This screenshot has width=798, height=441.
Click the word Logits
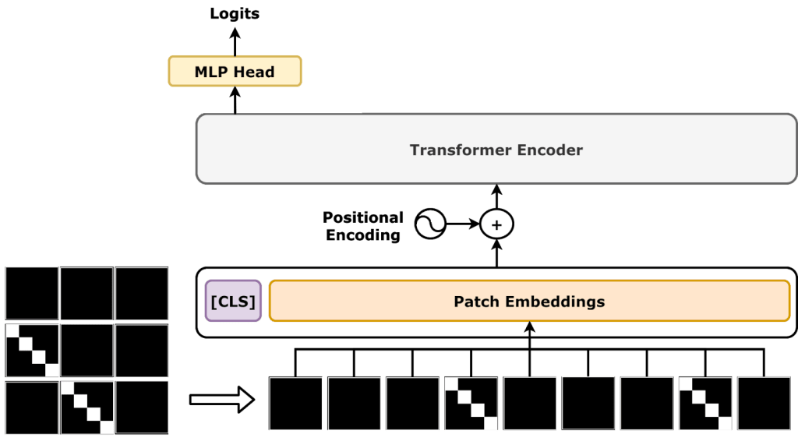(235, 13)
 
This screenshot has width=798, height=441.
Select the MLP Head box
(235, 72)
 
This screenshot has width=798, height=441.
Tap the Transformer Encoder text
(496, 149)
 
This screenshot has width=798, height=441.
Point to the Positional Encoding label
(363, 226)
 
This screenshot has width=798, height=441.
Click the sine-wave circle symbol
(429, 225)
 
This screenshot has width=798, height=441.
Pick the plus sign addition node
(496, 225)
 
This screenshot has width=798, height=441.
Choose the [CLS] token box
(233, 301)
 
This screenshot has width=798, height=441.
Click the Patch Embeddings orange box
(529, 301)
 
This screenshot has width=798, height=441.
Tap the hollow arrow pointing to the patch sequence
(222, 400)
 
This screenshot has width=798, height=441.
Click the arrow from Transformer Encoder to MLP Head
(235, 101)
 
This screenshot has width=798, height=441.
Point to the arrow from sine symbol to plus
(462, 225)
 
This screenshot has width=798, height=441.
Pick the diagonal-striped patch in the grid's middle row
(32, 351)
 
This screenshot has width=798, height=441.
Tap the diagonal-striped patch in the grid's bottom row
(87, 407)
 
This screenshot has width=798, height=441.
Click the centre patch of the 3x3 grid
(87, 351)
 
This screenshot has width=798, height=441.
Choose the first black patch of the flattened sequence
(296, 404)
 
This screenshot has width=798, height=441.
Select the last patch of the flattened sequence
(764, 404)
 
